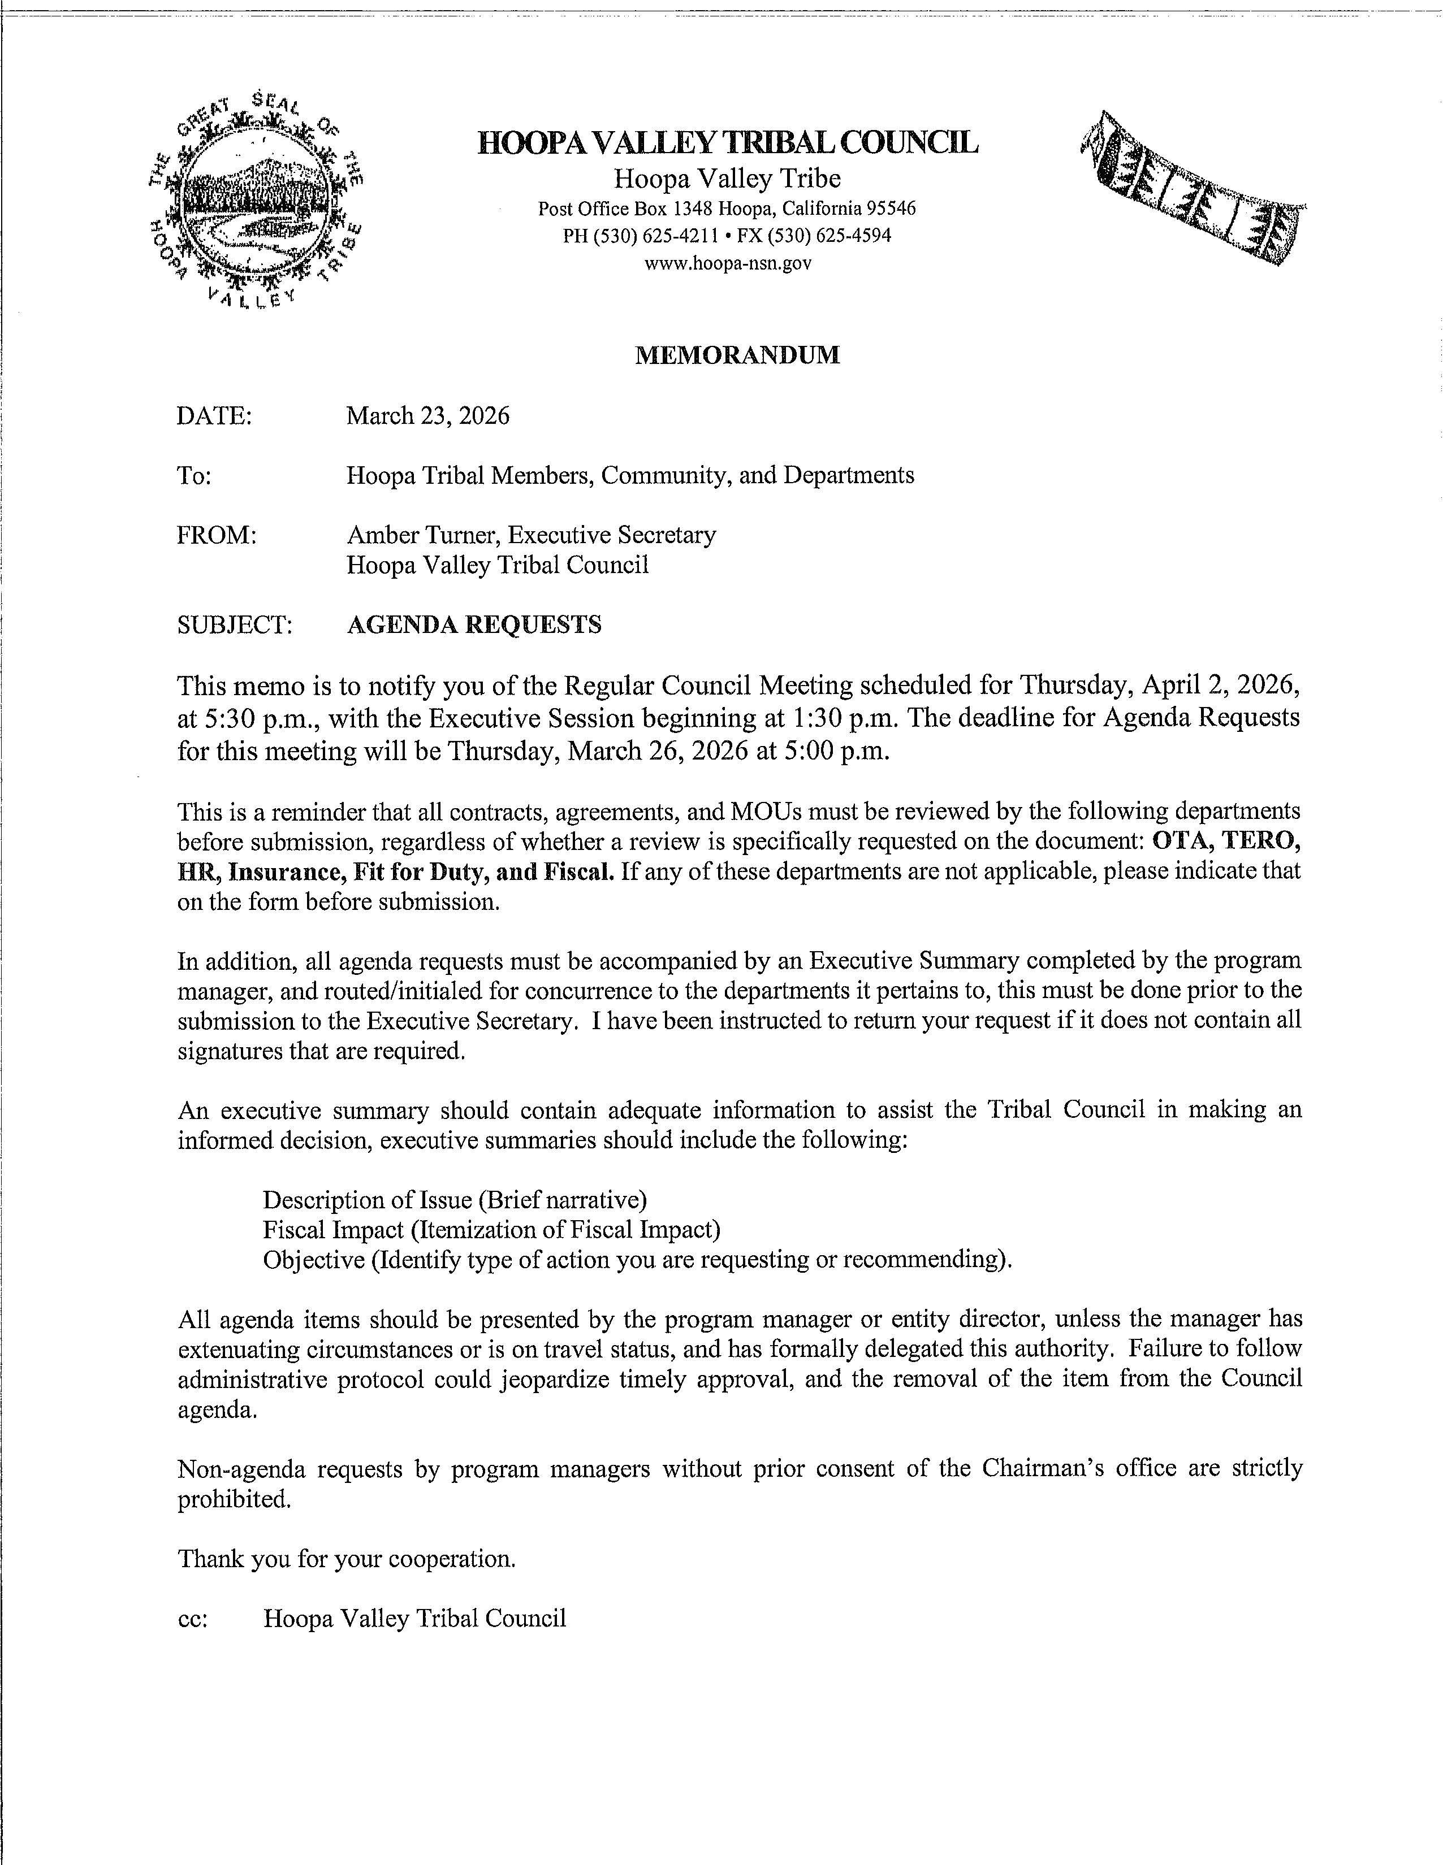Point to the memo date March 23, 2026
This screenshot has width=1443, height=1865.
click(x=427, y=416)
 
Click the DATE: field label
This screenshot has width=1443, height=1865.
click(x=214, y=417)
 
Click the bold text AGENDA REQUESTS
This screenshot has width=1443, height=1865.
click(x=474, y=625)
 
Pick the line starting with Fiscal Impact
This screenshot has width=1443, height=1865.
click(x=491, y=1230)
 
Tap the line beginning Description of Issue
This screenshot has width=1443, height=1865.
click(x=455, y=1200)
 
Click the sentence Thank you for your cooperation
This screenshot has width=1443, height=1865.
click(x=346, y=1559)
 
